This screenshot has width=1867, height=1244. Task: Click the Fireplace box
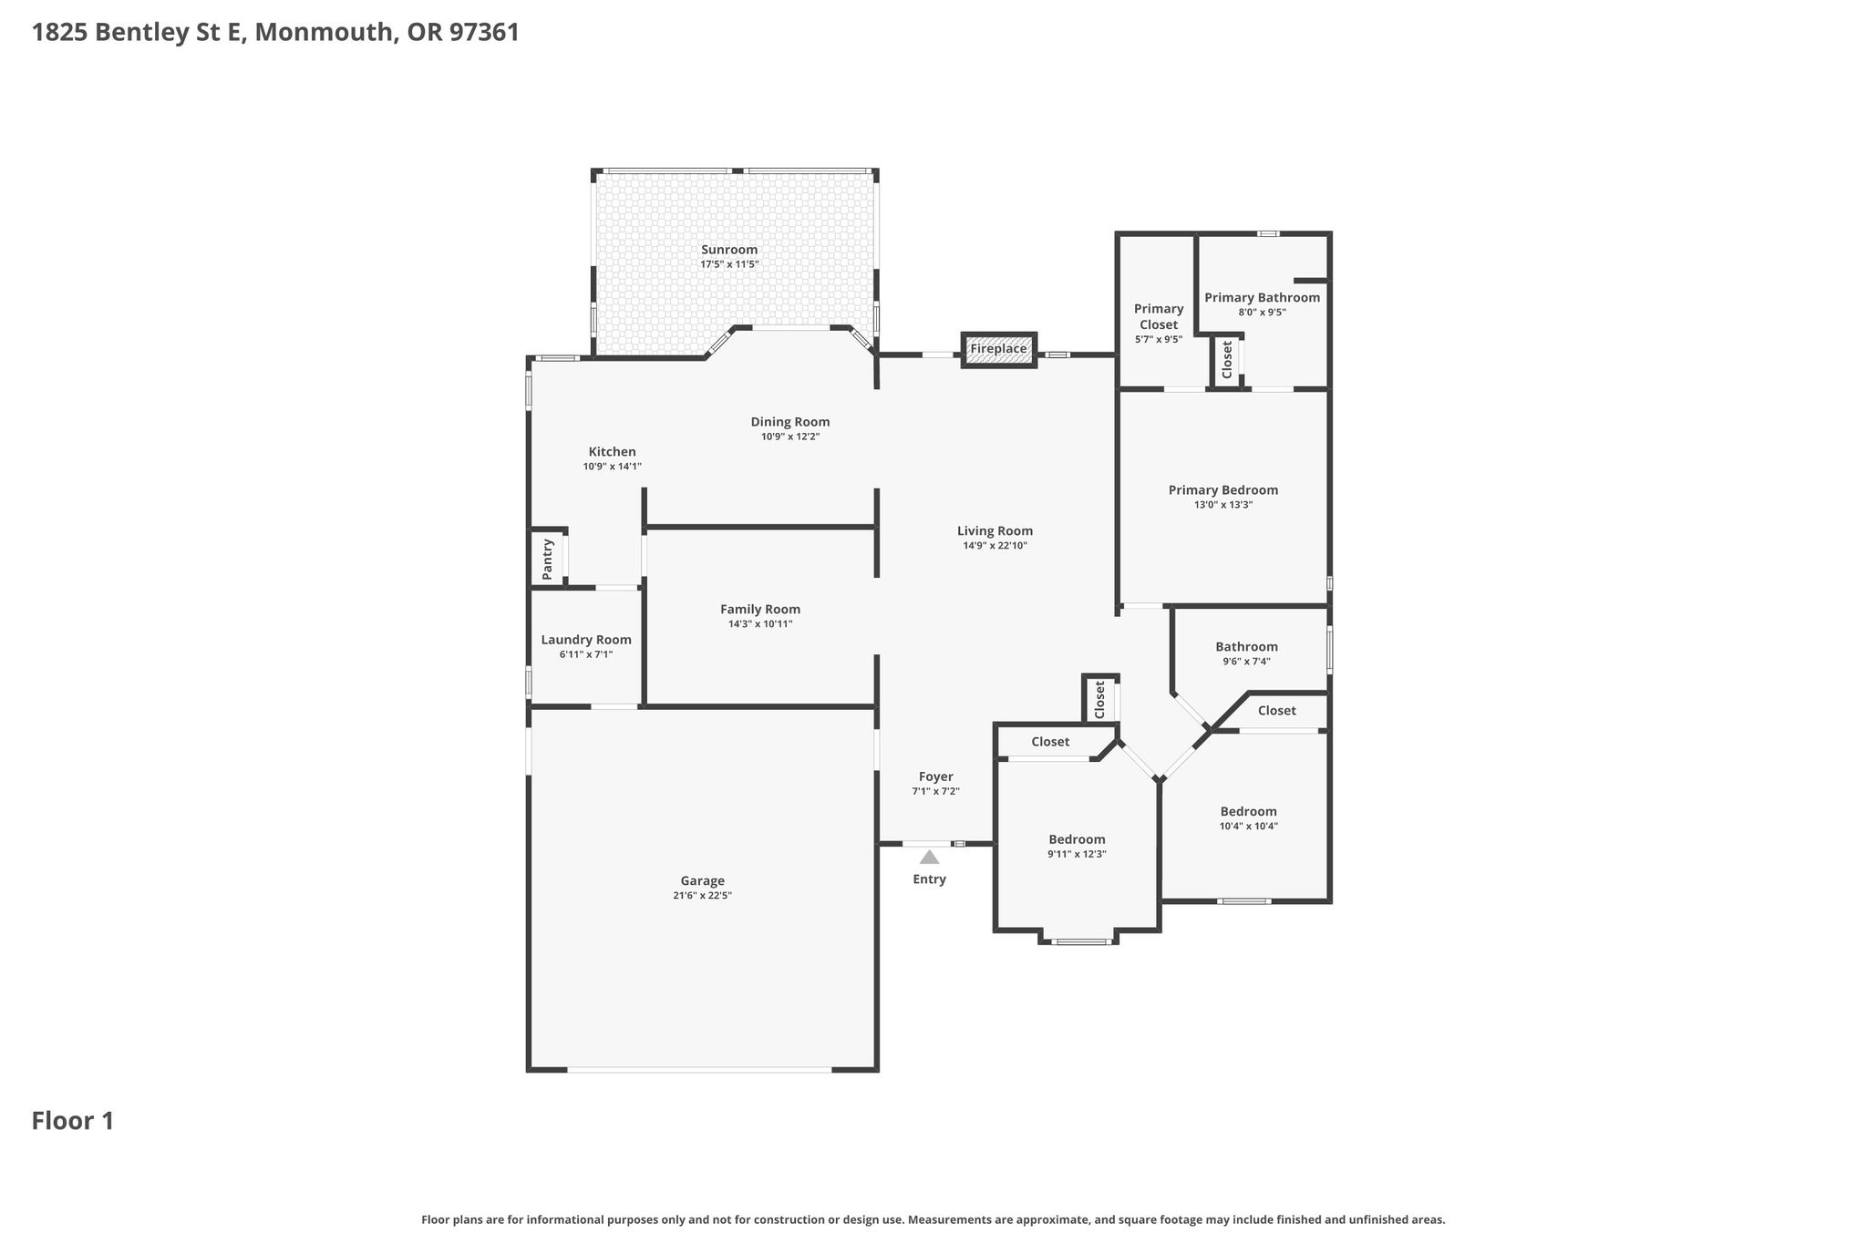(x=999, y=349)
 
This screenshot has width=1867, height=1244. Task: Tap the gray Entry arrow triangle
(x=929, y=857)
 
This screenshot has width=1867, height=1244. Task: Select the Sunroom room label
(x=729, y=250)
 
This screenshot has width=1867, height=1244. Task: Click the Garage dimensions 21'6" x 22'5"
(x=702, y=896)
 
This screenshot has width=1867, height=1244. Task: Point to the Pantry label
(x=548, y=560)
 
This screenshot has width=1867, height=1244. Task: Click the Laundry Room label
(x=586, y=640)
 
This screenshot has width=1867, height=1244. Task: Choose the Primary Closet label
(x=1159, y=316)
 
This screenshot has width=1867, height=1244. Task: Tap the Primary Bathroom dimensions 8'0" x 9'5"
(x=1262, y=312)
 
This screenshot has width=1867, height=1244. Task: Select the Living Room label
(x=995, y=530)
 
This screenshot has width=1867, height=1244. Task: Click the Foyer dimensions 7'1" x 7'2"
(x=935, y=791)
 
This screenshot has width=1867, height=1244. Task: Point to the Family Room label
(x=760, y=610)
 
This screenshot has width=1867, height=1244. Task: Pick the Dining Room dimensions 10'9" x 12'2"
(x=790, y=437)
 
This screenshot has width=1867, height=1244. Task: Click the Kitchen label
(x=612, y=452)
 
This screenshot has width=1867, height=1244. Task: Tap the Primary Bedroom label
(x=1223, y=490)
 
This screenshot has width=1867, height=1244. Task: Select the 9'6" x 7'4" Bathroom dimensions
(x=1246, y=662)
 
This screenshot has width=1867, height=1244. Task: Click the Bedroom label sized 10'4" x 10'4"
(x=1248, y=811)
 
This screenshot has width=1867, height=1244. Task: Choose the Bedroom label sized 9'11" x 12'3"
(x=1077, y=839)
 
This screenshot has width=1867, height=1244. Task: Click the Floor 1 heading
(x=73, y=1121)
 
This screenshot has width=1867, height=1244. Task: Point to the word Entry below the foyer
(x=929, y=879)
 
